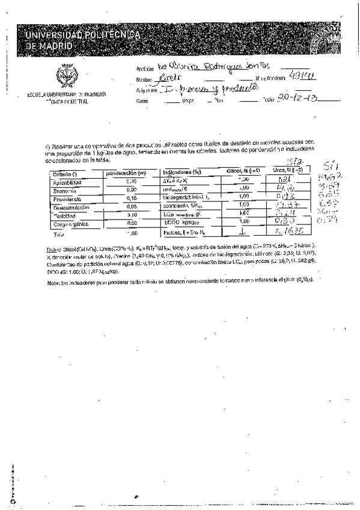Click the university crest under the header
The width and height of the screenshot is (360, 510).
pyautogui.click(x=66, y=76)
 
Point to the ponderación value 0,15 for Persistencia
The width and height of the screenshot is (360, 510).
pyautogui.click(x=132, y=198)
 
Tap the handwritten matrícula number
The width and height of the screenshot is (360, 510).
pyautogui.click(x=299, y=76)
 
